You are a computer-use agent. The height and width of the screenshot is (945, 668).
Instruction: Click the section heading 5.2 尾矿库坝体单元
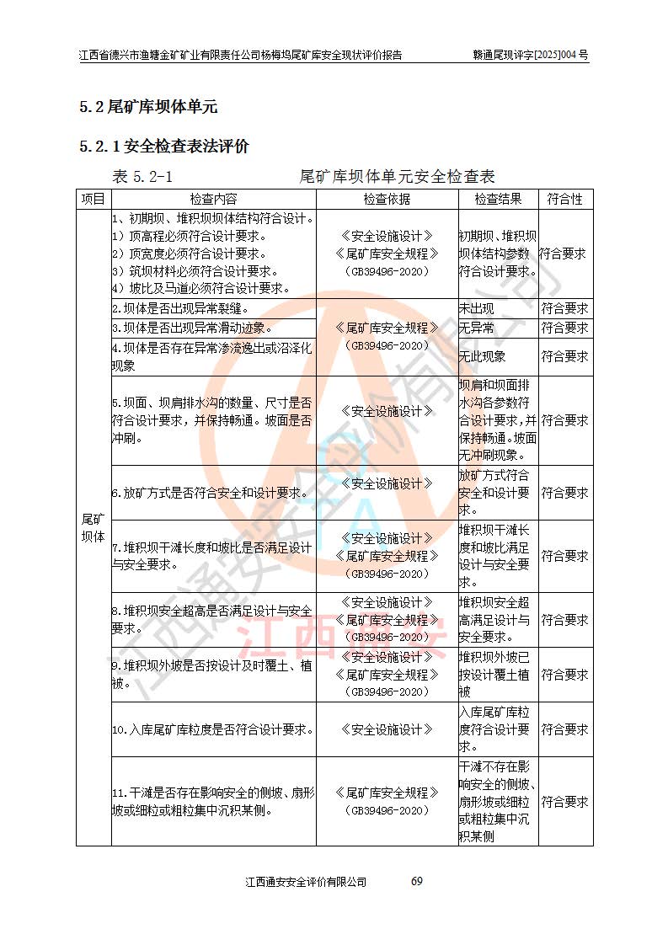[148, 107]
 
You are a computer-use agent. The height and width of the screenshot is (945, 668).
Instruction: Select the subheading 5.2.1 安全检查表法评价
[164, 147]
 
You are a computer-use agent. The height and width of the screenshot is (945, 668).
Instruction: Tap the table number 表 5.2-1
[142, 177]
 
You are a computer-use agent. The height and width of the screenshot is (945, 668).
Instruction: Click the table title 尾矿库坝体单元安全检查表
[397, 177]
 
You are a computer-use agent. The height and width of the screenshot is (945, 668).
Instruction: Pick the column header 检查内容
[213, 200]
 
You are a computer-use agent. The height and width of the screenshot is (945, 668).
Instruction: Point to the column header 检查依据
[387, 200]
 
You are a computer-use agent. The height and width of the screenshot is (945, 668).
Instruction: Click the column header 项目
[93, 200]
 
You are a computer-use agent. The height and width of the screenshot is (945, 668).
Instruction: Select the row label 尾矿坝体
[93, 526]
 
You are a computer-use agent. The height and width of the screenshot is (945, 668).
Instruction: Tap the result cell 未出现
[476, 309]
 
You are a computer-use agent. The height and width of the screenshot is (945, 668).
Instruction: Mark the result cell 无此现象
[482, 357]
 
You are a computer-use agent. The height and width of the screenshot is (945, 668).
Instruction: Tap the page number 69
[416, 881]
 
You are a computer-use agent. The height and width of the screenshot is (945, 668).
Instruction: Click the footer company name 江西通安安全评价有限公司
[306, 882]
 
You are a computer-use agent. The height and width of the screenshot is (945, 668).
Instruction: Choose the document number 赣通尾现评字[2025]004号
[531, 56]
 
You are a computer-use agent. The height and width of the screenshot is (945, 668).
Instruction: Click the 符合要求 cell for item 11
[564, 803]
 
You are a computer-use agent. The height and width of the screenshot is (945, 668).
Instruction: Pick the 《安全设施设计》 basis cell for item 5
[387, 412]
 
